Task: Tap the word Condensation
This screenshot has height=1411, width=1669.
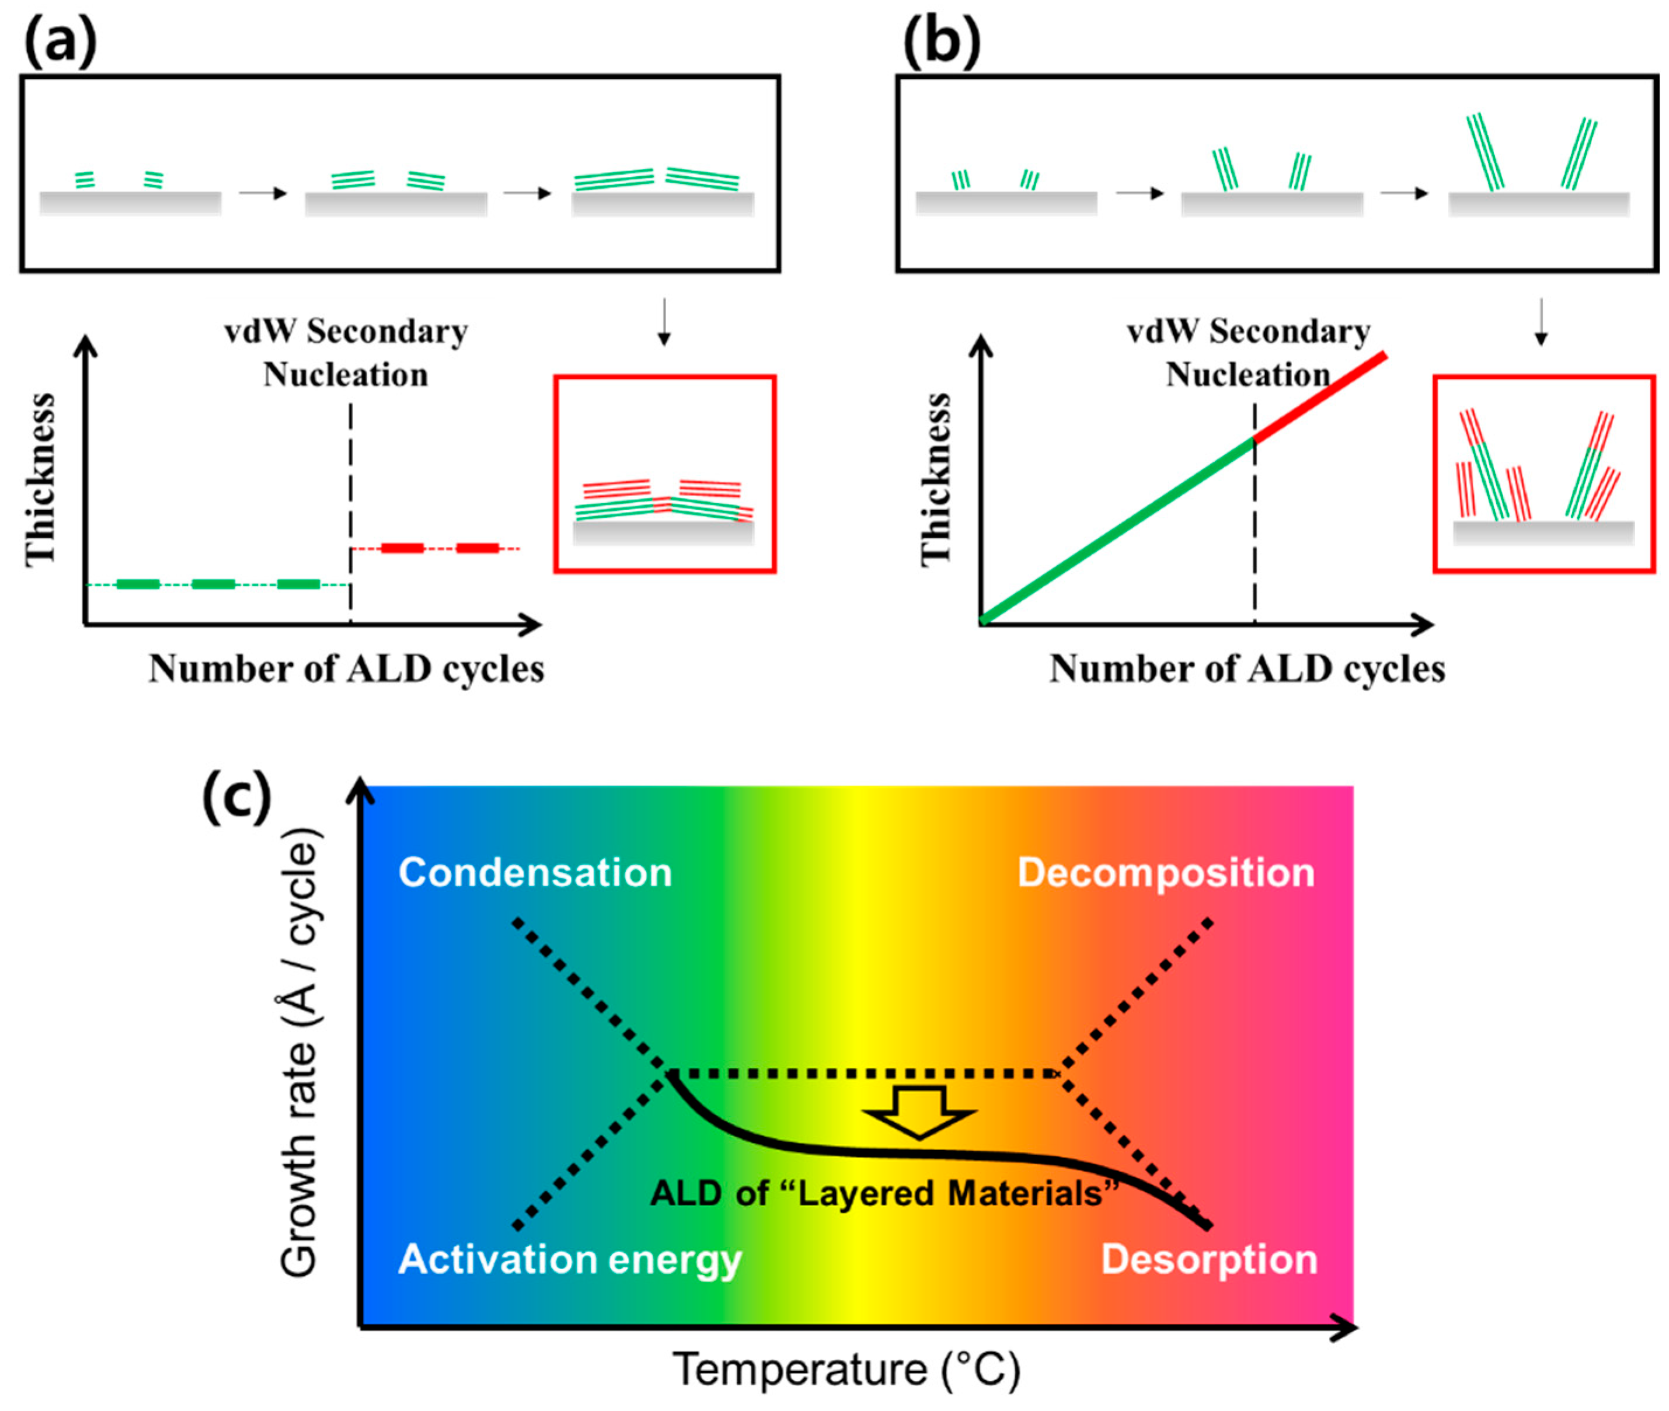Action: click(x=535, y=873)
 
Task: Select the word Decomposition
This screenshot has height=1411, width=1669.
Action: click(x=1165, y=873)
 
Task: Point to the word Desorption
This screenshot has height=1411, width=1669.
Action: click(x=1208, y=1259)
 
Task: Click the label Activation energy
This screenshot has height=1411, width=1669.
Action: click(x=569, y=1260)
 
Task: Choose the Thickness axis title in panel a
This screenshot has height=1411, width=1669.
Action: click(x=40, y=480)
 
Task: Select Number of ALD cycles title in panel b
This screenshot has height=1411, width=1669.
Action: click(x=1247, y=668)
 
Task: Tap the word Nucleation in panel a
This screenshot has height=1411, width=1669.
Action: click(x=346, y=374)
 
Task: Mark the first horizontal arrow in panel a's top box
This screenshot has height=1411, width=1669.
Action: click(x=262, y=194)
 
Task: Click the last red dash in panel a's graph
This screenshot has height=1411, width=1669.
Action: click(x=478, y=548)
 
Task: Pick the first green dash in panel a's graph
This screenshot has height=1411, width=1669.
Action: click(x=138, y=584)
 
